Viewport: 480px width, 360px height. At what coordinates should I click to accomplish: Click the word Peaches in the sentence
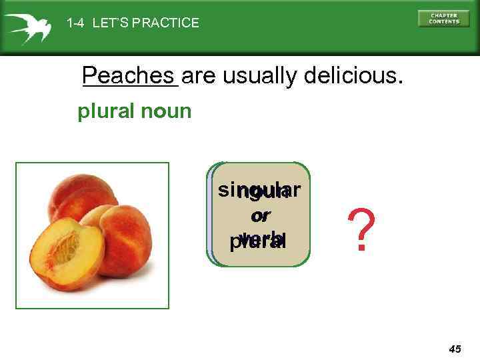[x=129, y=76]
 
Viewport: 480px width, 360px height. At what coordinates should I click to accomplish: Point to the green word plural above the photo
[x=106, y=111]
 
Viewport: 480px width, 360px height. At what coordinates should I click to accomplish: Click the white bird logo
[x=27, y=27]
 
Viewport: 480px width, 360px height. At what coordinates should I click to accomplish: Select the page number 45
[x=455, y=349]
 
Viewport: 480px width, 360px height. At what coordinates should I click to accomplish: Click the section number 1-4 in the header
[x=76, y=23]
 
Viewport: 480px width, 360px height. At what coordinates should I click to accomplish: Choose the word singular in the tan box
[x=259, y=191]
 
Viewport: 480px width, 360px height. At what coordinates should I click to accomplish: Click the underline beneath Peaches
[x=129, y=86]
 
